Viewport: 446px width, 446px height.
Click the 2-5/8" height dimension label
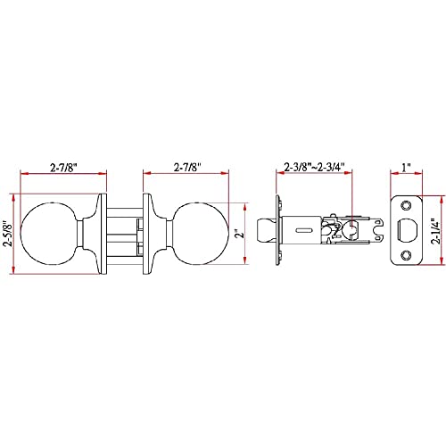pos(8,234)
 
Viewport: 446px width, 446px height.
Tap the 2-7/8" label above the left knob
pos(63,168)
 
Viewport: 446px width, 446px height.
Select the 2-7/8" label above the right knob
pos(187,168)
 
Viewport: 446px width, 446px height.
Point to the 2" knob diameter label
pos(240,234)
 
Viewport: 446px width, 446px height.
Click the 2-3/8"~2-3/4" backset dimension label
pos(314,167)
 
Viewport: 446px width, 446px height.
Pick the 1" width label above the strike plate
pos(406,168)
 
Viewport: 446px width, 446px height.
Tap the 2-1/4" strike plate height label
pos(436,231)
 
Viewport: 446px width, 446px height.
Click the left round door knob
pos(48,234)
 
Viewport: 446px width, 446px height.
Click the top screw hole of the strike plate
pos(406,205)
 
